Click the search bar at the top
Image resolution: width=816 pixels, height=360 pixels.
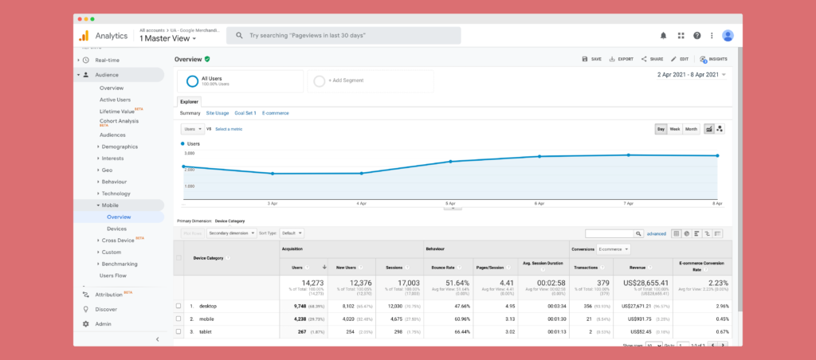(x=343, y=36)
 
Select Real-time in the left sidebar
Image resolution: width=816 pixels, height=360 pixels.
(x=108, y=60)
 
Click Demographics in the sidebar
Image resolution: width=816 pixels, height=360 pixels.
(x=120, y=147)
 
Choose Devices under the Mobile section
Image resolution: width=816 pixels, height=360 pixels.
(x=116, y=229)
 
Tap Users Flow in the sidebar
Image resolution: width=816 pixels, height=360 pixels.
(x=113, y=276)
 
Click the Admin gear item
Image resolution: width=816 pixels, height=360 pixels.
(x=103, y=324)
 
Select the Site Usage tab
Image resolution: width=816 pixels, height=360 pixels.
(x=217, y=113)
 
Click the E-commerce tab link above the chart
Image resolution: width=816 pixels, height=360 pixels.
(x=275, y=113)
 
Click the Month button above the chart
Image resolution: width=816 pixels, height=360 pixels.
(x=691, y=129)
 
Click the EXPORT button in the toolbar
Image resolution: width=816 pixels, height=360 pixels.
(x=622, y=59)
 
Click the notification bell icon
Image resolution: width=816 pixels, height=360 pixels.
(x=663, y=36)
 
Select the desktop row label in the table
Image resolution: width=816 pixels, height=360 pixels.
(x=207, y=306)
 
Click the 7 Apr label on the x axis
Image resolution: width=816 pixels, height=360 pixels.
(x=628, y=203)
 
